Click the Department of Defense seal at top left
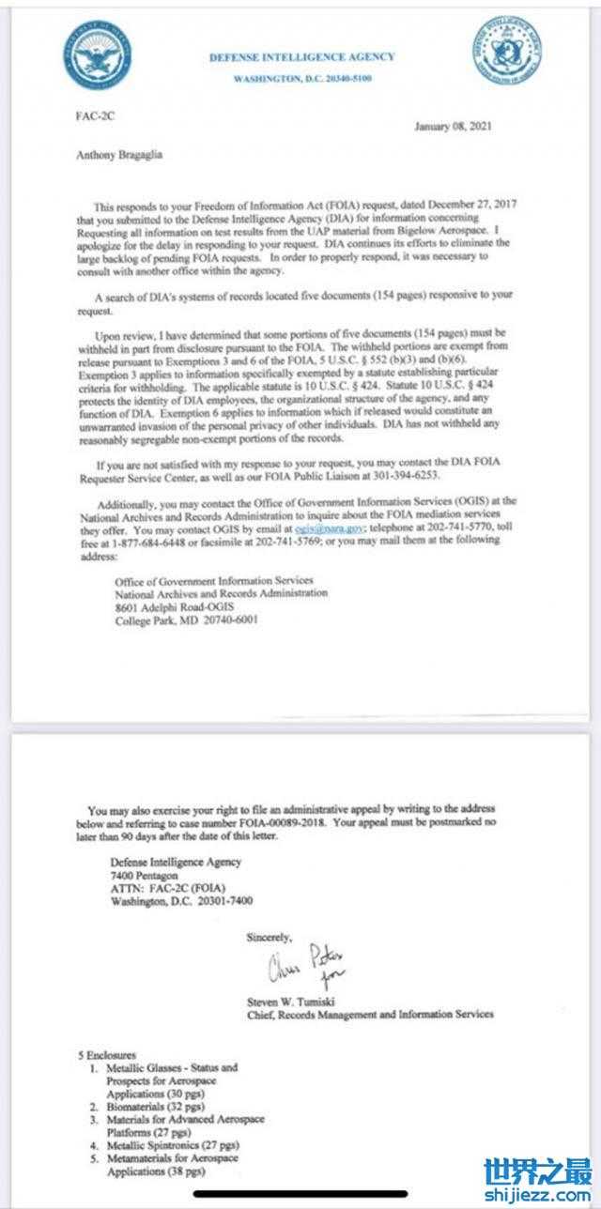(98, 54)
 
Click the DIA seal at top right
(506, 51)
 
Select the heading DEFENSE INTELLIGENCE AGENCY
(302, 57)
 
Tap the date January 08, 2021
(453, 127)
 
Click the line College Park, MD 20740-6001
(186, 620)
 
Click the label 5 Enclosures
(108, 1055)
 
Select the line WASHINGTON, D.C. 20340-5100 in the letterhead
(302, 79)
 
